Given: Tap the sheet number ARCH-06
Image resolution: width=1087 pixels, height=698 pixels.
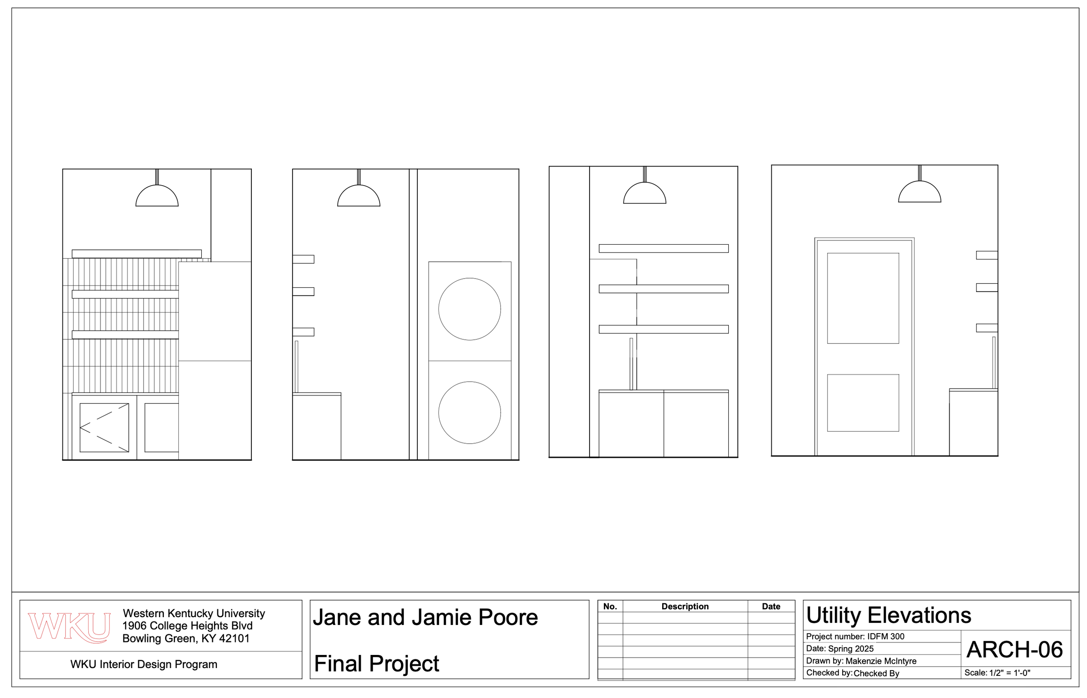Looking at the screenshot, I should [1014, 649].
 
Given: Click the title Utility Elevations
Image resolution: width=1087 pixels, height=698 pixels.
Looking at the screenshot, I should [888, 615].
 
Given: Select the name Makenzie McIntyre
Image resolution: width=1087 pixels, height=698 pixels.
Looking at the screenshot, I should [880, 661].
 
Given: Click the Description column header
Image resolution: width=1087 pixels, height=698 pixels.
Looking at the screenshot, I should [684, 606].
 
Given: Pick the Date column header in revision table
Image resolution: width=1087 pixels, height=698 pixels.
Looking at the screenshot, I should [770, 606].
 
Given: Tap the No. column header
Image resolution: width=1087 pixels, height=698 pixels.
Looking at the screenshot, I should [610, 606].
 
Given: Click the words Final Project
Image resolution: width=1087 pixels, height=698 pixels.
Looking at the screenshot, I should [376, 664].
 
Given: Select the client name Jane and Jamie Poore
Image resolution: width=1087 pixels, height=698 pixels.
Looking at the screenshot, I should [425, 617].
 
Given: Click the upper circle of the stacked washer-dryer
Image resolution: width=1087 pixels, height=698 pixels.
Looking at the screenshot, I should [469, 309].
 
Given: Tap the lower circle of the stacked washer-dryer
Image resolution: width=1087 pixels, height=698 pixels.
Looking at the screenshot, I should [469, 412].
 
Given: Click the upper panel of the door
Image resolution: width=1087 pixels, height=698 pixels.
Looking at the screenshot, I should [863, 298].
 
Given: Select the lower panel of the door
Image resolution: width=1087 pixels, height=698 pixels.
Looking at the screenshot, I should [863, 402].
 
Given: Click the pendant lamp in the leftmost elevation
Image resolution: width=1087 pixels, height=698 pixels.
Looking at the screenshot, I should [157, 196].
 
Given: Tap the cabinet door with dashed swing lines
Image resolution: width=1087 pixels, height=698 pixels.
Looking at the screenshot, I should [104, 427].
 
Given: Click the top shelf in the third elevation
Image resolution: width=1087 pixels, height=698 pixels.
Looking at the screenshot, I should [663, 248].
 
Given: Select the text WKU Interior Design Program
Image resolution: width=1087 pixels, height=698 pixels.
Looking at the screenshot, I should [143, 665].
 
